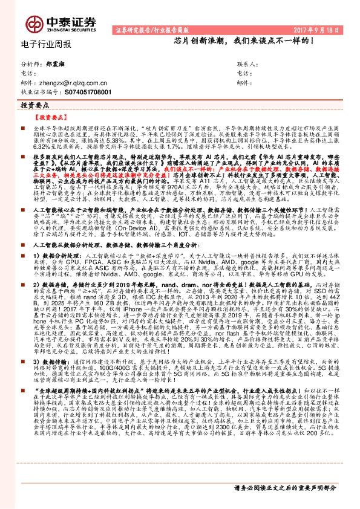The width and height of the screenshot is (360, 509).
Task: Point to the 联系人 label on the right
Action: [x=248, y=63]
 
